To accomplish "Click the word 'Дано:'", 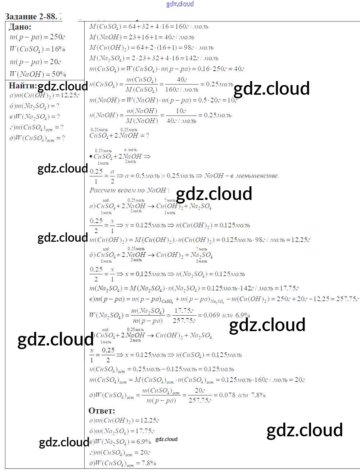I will pyautogui.click(x=20, y=27).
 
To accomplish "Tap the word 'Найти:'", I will pyautogui.click(x=23, y=85).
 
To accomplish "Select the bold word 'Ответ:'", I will pyautogui.click(x=102, y=411).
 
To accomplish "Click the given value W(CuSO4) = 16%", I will pyautogui.click(x=37, y=49).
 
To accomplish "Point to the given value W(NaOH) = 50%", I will pyautogui.click(x=38, y=74).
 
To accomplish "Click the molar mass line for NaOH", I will pyautogui.click(x=141, y=37).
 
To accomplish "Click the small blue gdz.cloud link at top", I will pyautogui.click(x=180, y=4).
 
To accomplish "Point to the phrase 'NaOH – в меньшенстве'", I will pyautogui.click(x=241, y=176).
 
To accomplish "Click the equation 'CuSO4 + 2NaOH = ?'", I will pyautogui.click(x=119, y=135).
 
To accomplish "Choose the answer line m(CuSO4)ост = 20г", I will pyautogui.click(x=120, y=453).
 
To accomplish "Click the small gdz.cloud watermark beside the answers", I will pyautogui.click(x=166, y=439).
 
